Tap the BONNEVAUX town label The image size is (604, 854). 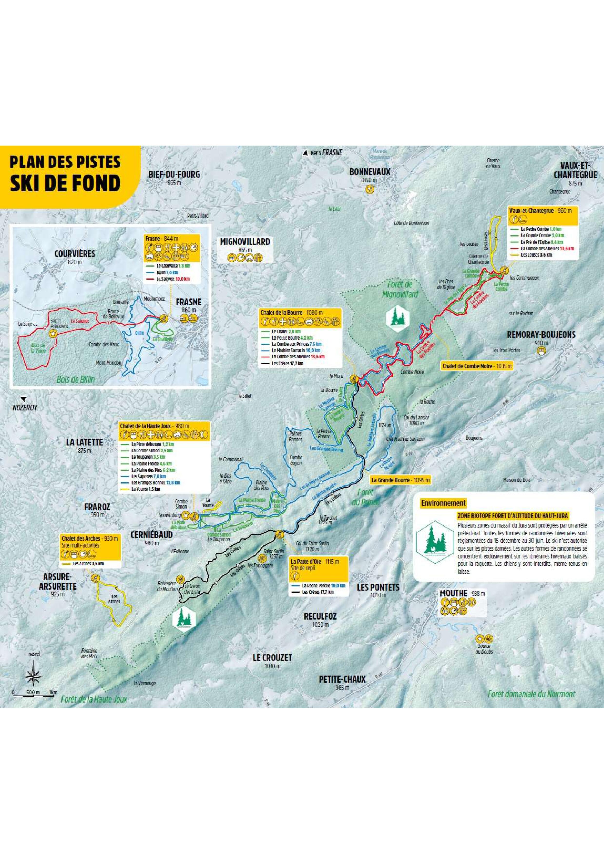coord(370,172)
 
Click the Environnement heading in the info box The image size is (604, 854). coord(443,503)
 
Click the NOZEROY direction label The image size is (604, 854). coord(25,408)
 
